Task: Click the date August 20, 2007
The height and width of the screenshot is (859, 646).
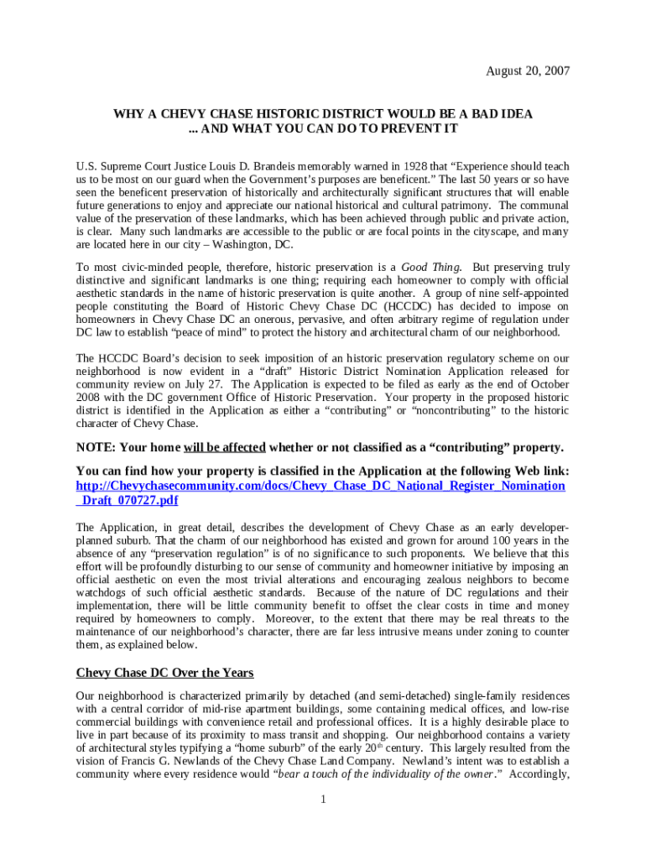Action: coord(528,71)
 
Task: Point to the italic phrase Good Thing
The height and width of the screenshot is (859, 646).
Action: coord(427,266)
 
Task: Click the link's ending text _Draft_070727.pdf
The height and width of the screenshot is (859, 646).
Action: coord(127,501)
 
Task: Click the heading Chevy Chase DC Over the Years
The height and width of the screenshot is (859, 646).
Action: coord(164,673)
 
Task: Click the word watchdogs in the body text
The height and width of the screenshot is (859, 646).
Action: coord(102,593)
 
